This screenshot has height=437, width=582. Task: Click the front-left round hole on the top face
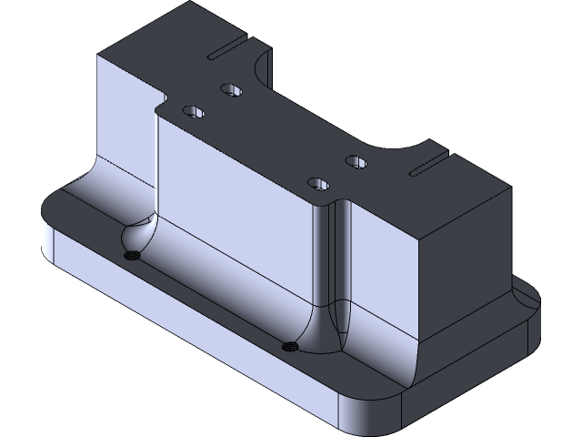pyautogui.click(x=193, y=111)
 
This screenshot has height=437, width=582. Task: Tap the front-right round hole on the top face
pyautogui.click(x=317, y=183)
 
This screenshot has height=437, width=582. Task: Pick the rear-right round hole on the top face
pyautogui.click(x=356, y=162)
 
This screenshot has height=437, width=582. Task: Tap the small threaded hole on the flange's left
pyautogui.click(x=132, y=254)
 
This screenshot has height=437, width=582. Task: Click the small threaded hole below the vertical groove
pyautogui.click(x=290, y=345)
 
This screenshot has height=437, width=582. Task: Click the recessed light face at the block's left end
pyautogui.click(x=123, y=118)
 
